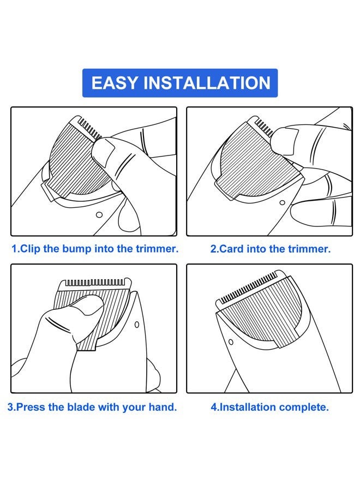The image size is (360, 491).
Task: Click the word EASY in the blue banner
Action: pyautogui.click(x=115, y=83)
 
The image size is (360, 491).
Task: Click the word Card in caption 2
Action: pyautogui.click(x=231, y=249)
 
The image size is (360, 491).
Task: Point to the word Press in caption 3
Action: pyautogui.click(x=31, y=407)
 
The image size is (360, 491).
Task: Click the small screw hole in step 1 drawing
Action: pyautogui.click(x=99, y=215)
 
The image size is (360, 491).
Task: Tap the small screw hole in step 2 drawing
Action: pyautogui.click(x=282, y=202)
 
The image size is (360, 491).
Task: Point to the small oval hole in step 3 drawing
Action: pyautogui.click(x=137, y=325)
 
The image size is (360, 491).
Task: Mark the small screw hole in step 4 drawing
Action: pyautogui.click(x=231, y=342)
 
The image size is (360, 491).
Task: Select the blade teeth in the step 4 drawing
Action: pyautogui.click(x=249, y=288)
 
